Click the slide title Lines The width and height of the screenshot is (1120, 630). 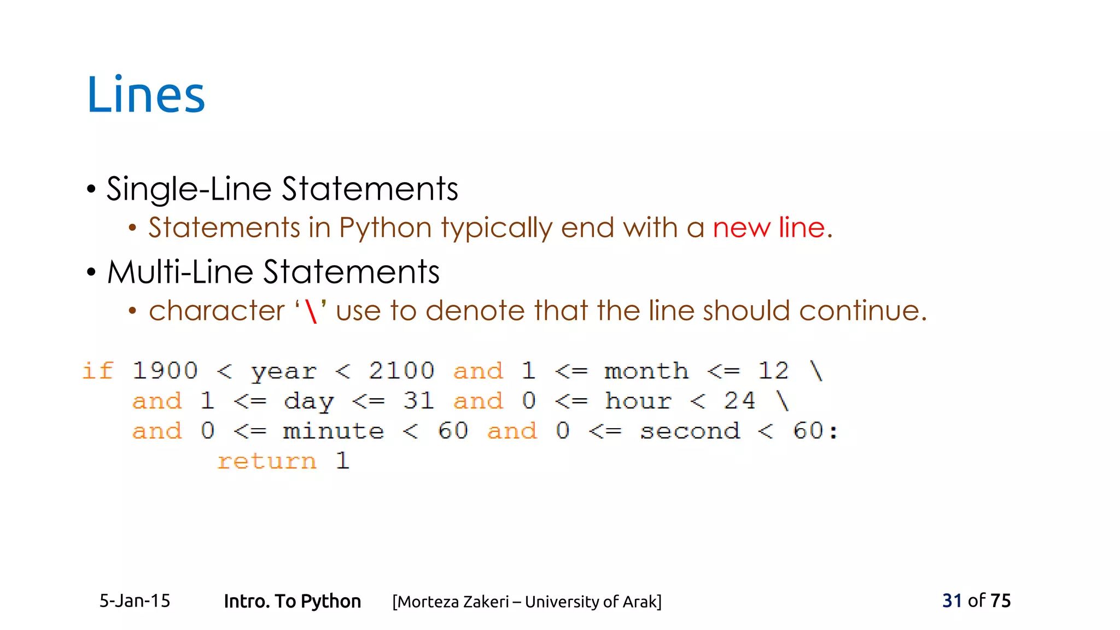point(146,95)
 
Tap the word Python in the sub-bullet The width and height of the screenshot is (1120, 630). point(386,228)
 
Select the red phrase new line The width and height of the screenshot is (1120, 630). point(768,227)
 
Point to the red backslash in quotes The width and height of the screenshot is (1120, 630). point(311,312)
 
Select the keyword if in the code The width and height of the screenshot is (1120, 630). point(98,371)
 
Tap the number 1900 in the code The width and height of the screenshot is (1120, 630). point(165,371)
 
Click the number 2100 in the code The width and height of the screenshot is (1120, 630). point(401,371)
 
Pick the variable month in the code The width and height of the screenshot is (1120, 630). point(646,371)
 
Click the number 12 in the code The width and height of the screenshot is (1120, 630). point(773,371)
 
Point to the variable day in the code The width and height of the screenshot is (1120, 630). point(308,402)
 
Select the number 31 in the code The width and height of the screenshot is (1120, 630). point(418,401)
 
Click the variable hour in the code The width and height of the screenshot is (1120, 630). point(638,401)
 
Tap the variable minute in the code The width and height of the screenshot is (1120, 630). point(334,431)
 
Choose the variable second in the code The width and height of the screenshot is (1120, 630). point(690,431)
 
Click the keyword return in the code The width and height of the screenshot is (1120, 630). point(267,461)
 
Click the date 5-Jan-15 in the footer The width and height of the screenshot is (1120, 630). point(135,601)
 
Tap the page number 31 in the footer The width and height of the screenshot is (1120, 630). point(952,600)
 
